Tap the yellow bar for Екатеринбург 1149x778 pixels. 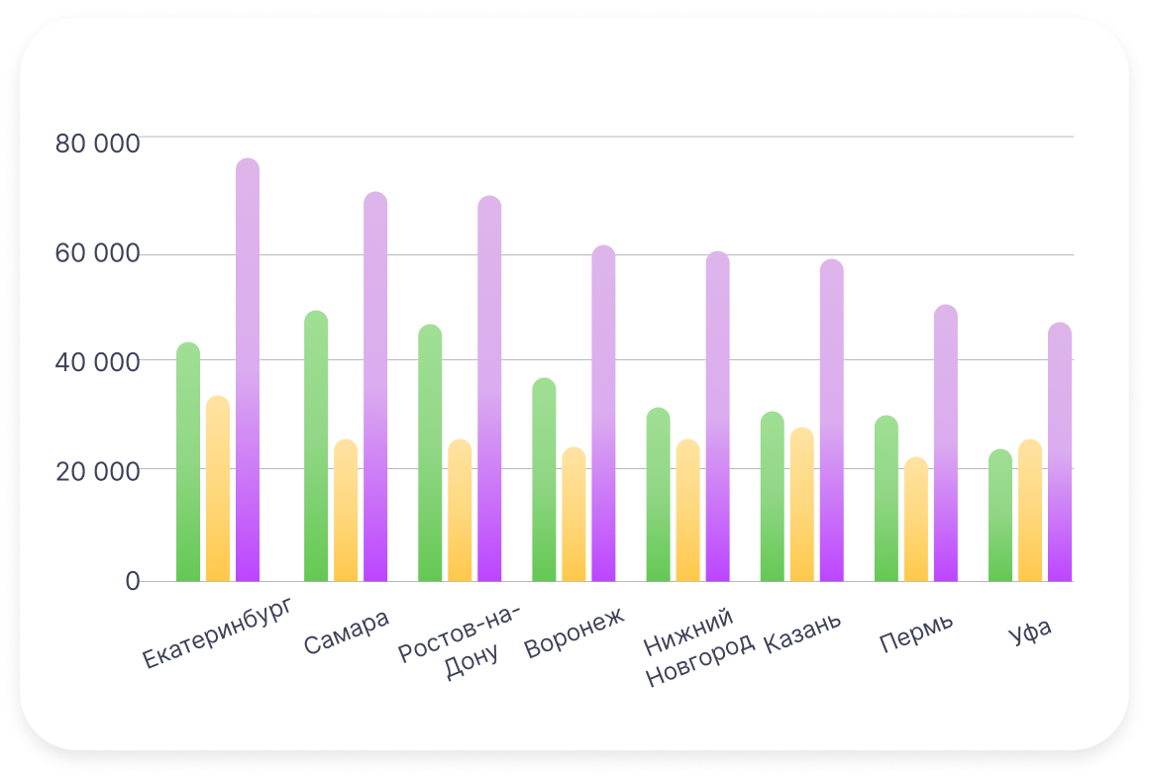click(x=218, y=490)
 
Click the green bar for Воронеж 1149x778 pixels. click(x=544, y=481)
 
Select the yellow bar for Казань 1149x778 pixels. click(x=802, y=506)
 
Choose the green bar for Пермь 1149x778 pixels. click(x=887, y=500)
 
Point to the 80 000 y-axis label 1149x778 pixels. click(x=97, y=144)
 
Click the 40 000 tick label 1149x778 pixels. click(x=97, y=361)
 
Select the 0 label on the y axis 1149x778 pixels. click(x=132, y=581)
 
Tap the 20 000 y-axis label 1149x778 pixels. click(x=97, y=470)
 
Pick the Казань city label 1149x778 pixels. click(x=802, y=633)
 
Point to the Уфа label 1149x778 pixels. click(x=1029, y=632)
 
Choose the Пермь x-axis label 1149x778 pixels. click(x=916, y=633)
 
